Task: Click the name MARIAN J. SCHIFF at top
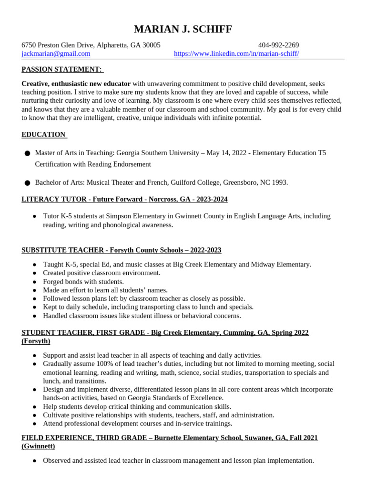pos(183,30)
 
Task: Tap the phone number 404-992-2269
pos(278,45)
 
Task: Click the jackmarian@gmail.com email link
pos(56,54)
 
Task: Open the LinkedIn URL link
pos(236,54)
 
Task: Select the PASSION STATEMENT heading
pos(62,70)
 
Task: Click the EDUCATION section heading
pos(44,135)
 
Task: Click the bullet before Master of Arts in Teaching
pos(27,153)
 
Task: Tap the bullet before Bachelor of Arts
pos(27,183)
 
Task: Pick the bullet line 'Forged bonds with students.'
pos(83,282)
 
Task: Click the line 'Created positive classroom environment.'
pos(102,273)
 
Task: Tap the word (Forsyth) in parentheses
pos(36,341)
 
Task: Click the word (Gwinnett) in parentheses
pos(38,446)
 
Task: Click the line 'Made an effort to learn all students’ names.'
pos(105,290)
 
